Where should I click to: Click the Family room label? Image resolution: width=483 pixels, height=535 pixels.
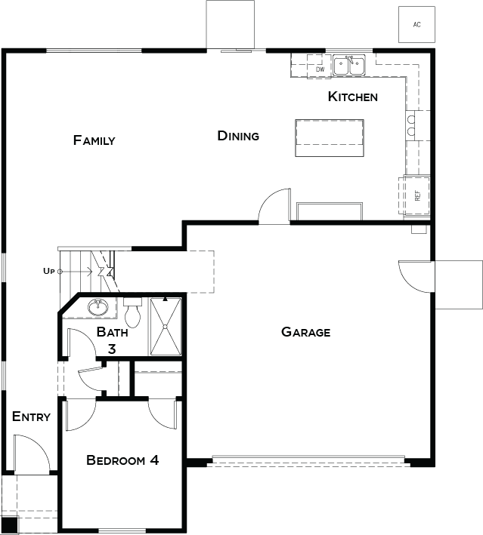tap(94, 140)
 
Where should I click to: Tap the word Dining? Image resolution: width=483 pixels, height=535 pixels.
tap(238, 136)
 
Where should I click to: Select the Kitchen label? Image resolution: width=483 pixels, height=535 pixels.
tap(353, 97)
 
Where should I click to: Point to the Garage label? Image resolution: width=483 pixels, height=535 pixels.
tap(306, 332)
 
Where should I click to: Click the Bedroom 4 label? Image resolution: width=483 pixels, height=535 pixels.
tap(122, 460)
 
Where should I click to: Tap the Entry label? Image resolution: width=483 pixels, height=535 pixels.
tap(31, 417)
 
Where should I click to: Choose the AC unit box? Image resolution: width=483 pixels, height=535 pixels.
tap(416, 25)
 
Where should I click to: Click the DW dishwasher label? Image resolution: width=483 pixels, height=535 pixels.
tap(320, 69)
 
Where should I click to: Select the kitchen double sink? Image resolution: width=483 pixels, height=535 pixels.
tap(349, 65)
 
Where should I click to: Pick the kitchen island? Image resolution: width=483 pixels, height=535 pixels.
tap(330, 138)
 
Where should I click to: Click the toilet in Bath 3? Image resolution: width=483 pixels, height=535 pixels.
tap(132, 312)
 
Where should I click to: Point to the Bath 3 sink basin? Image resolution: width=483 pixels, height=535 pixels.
tap(98, 307)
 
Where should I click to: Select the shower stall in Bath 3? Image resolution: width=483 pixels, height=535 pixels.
tap(166, 327)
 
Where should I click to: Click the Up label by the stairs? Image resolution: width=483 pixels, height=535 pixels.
tap(48, 271)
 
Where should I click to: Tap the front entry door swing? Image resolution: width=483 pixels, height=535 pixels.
tap(33, 453)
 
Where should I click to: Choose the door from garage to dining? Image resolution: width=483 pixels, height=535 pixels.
tap(274, 206)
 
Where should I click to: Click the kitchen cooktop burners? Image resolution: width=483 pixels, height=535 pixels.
tap(411, 125)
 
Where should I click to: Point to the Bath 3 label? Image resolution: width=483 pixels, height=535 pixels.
tap(112, 340)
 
